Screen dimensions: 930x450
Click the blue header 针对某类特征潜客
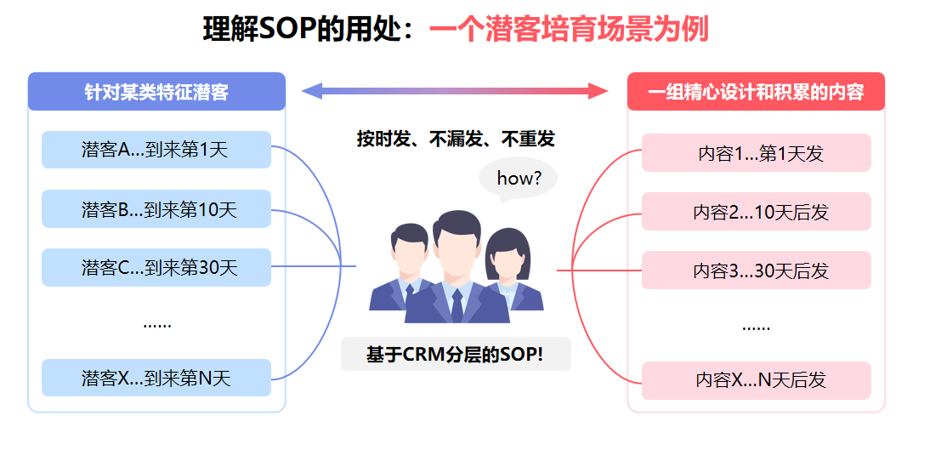[156, 91]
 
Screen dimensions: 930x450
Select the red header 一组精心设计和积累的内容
[756, 91]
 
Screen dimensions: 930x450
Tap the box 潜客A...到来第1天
[156, 150]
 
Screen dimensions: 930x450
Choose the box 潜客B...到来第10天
[156, 209]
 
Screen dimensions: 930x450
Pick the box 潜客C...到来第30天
[156, 267]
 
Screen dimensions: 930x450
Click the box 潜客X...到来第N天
[156, 378]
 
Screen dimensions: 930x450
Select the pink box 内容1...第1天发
[757, 153]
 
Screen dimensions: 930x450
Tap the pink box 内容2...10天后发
[757, 211]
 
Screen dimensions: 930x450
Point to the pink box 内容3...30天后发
[757, 271]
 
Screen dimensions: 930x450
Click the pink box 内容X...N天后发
[757, 380]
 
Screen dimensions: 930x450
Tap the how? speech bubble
[518, 178]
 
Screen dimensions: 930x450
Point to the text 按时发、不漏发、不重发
[456, 139]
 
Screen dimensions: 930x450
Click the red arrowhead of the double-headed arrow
[598, 91]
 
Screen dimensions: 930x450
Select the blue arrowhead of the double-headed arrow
[312, 91]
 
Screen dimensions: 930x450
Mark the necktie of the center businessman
[456, 306]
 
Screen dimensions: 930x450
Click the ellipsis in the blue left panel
[156, 325]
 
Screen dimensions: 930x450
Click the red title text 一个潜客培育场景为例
[569, 29]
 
